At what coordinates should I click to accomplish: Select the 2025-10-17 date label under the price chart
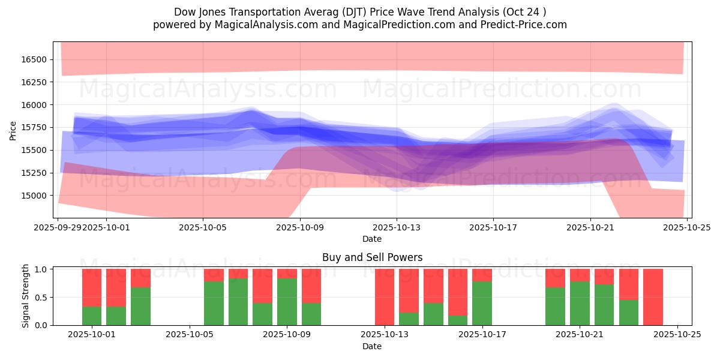point(493,228)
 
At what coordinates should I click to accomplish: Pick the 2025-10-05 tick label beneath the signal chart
point(190,335)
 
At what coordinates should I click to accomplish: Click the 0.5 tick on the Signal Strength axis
point(43,298)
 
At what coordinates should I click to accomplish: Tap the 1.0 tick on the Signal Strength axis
point(43,269)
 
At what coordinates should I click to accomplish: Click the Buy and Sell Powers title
point(372,257)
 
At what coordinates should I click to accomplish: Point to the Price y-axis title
point(13,130)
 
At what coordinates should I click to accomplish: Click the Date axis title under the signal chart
point(372,346)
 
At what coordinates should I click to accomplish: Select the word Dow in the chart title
point(184,12)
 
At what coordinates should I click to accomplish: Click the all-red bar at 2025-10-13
point(385,297)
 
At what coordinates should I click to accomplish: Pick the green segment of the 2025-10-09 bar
point(287,302)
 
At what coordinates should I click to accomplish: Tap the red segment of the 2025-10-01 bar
point(92,287)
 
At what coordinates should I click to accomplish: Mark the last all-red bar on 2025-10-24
point(653,297)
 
